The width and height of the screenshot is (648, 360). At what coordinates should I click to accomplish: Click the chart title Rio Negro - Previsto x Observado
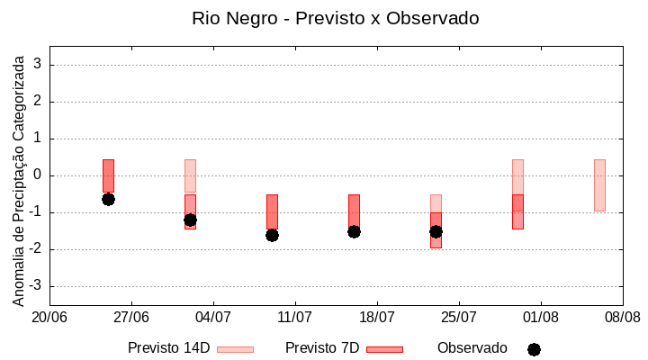335,18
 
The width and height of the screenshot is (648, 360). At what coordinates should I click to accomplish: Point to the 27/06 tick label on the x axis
131,317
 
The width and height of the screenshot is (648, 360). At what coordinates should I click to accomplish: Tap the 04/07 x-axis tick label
213,317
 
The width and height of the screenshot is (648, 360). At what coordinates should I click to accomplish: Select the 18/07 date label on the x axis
377,317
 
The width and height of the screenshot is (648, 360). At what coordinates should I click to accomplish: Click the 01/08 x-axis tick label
541,317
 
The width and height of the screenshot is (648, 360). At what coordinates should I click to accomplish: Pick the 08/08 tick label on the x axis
622,317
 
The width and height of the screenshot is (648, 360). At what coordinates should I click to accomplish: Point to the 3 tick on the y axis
39,65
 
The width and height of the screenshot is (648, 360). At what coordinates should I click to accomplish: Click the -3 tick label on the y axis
36,286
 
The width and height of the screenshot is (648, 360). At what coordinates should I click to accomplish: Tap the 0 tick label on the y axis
39,175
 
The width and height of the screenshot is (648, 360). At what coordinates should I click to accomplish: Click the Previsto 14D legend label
169,348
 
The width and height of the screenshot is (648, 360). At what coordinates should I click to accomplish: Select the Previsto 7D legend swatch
384,349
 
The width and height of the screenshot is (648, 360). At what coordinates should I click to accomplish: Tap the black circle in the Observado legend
534,349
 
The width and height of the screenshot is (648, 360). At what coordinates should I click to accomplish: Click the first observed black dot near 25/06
108,199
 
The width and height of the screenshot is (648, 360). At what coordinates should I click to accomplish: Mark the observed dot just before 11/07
272,235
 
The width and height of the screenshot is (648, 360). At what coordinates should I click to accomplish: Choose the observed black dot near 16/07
354,231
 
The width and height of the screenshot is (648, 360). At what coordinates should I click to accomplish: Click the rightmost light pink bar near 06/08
599,185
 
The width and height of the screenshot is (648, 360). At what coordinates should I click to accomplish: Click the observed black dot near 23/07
436,231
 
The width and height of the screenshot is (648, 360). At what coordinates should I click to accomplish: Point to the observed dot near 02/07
190,220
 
